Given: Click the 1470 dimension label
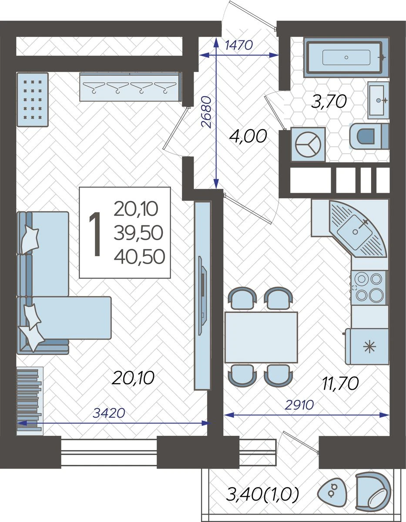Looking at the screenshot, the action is [239, 45].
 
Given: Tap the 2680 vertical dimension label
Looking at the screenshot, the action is [207, 112].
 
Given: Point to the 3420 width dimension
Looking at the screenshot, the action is [109, 413].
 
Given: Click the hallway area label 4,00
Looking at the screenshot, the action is [248, 136].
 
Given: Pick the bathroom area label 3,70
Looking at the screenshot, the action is [329, 101].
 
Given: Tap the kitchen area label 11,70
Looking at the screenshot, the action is [340, 383].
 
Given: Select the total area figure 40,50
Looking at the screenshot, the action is [139, 256].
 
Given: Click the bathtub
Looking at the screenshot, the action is [346, 57].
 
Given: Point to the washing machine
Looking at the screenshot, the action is [308, 144].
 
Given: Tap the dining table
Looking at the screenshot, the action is [261, 337].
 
